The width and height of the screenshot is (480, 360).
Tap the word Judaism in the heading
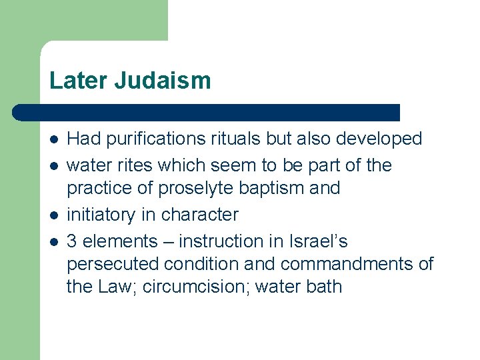click(x=163, y=81)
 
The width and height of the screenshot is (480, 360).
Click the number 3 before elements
click(x=73, y=241)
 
